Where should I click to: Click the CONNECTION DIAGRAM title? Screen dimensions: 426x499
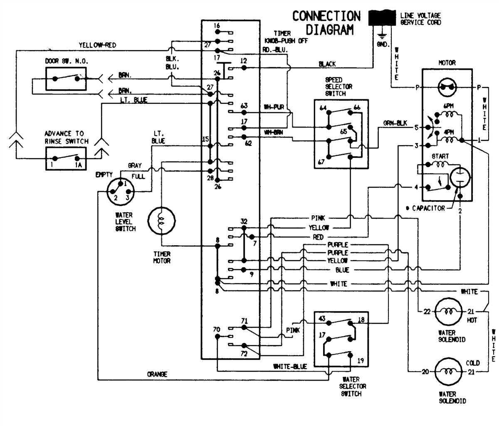pos(326,23)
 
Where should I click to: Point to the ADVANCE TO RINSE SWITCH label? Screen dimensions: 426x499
pos(67,137)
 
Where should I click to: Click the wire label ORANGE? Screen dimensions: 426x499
pos(157,374)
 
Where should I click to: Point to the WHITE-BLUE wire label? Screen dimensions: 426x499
pos(290,367)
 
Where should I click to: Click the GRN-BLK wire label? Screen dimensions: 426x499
pos(395,123)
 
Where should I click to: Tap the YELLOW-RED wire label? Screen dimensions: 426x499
pos(97,45)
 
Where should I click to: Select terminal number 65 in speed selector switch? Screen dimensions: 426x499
pos(344,131)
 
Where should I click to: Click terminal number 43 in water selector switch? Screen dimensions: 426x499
pos(321,319)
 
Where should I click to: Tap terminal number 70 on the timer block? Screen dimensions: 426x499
pos(217,330)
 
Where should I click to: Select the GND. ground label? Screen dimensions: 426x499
pos(382,43)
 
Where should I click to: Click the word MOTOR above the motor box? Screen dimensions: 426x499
pos(447,63)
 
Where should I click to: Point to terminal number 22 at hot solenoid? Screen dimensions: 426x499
pos(427,312)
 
